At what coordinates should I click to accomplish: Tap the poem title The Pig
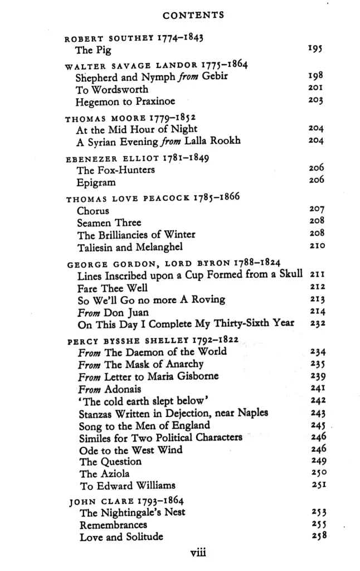[x=93, y=50]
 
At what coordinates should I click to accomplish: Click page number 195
[x=316, y=50]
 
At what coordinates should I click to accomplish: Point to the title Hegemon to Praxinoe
[x=125, y=101]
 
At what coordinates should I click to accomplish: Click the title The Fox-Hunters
[x=116, y=170]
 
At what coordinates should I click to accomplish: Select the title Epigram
[x=96, y=182]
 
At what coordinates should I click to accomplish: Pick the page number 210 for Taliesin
[x=317, y=246]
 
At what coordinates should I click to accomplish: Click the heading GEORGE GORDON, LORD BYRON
[x=145, y=263]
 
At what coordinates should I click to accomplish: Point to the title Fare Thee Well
[x=113, y=288]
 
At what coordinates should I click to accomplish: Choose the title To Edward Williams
[x=128, y=485]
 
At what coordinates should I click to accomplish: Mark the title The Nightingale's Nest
[x=133, y=512]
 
